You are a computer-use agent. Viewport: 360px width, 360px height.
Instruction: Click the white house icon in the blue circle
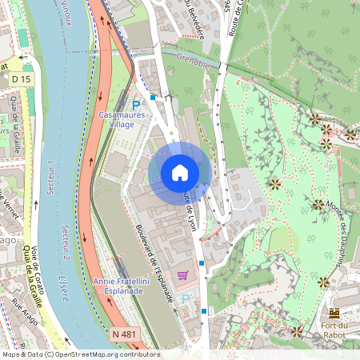click(180, 173)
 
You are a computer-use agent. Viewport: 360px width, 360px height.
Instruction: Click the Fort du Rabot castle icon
click(334, 313)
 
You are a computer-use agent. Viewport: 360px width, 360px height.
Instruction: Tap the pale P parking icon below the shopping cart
click(187, 298)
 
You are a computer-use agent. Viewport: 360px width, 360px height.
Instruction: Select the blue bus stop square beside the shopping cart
click(202, 262)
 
